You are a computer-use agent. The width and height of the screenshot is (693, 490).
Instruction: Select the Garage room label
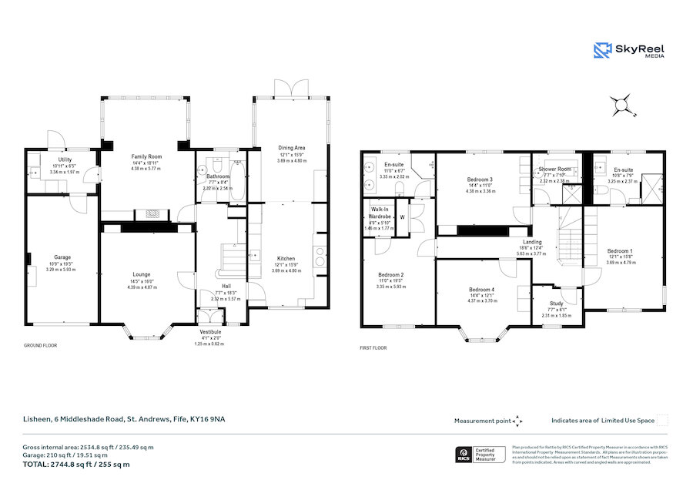coord(62,257)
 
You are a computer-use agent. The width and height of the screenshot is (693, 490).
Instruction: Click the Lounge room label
coord(140,274)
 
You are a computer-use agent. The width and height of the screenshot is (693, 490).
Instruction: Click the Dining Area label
coord(292,147)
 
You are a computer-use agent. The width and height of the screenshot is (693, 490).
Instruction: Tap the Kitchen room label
coord(286,258)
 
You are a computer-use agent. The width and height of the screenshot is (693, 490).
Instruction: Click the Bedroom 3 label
coord(480,180)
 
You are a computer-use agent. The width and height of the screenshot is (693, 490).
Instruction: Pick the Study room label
coord(557,304)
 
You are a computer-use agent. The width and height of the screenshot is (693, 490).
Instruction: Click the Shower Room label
coord(554,169)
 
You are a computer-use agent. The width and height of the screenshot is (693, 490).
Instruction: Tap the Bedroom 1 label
coord(619,251)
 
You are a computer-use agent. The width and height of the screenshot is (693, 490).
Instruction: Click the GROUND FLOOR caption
coord(40,346)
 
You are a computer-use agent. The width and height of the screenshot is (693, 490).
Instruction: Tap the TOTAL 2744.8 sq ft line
coord(75,465)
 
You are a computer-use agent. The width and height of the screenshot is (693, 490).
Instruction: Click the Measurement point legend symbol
coord(518,421)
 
